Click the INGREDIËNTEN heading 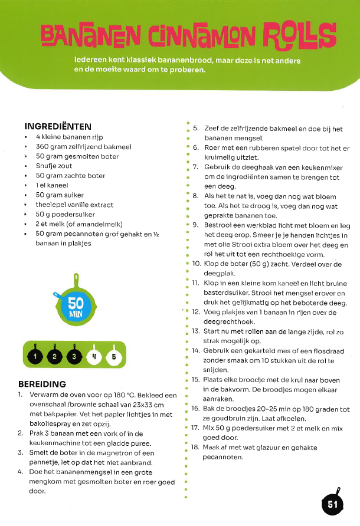coord(58,126)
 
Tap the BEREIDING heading coord(42,384)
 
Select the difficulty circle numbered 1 coord(35,356)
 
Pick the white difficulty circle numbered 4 coord(94,356)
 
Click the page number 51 coord(333,504)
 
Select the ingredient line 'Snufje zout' coord(54,166)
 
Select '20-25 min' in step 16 coord(271,409)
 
